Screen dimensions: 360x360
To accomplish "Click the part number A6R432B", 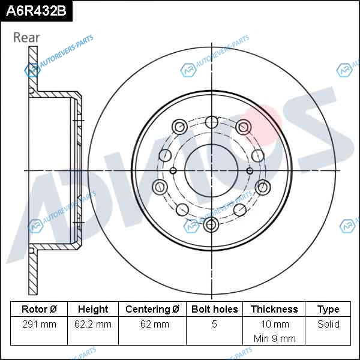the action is point(36,11).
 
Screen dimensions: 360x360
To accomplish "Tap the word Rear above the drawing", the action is point(26,37).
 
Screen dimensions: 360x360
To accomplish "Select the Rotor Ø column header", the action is point(39,309).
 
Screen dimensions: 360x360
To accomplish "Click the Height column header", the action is point(93,309).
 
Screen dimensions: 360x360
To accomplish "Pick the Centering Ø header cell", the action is point(152,309).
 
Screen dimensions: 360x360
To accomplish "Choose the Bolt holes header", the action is point(214,309).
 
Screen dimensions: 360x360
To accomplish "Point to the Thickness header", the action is point(274,309).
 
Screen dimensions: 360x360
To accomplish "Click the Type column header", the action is point(328,310).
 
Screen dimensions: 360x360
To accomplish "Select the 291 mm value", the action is point(39,324).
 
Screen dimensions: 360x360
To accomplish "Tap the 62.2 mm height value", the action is point(93,324).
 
